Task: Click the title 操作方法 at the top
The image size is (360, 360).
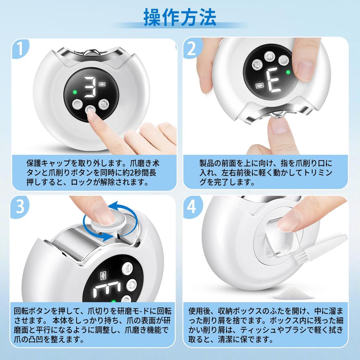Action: pyautogui.click(x=180, y=17)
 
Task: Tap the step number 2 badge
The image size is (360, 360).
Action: pyautogui.click(x=192, y=49)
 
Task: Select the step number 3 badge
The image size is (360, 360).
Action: pyautogui.click(x=20, y=206)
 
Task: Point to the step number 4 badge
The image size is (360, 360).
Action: pyautogui.click(x=192, y=206)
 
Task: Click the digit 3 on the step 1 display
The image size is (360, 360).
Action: pyautogui.click(x=90, y=87)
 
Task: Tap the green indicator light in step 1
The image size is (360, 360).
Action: pyautogui.click(x=75, y=92)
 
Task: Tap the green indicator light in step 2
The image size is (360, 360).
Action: pyautogui.click(x=288, y=72)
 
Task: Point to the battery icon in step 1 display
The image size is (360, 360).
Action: pyautogui.click(x=102, y=84)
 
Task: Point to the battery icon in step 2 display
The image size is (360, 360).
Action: pyautogui.click(x=260, y=86)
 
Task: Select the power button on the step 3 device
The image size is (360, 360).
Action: pyautogui.click(x=131, y=285)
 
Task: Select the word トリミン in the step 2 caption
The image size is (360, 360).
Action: pyautogui.click(x=317, y=173)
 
